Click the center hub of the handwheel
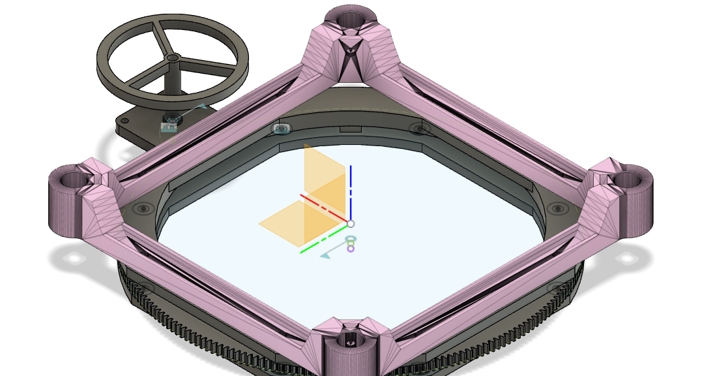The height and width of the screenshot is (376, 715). [172, 58]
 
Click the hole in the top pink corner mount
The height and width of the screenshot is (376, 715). [352, 16]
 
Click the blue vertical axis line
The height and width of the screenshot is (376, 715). [351, 189]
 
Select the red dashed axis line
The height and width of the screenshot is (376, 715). [323, 208]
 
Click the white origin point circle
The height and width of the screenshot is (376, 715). [351, 224]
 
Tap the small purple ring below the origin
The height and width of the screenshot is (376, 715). [351, 248]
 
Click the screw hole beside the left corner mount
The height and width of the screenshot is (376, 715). [143, 209]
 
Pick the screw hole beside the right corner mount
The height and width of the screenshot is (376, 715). [557, 208]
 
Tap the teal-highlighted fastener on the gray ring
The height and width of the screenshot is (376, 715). [282, 129]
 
